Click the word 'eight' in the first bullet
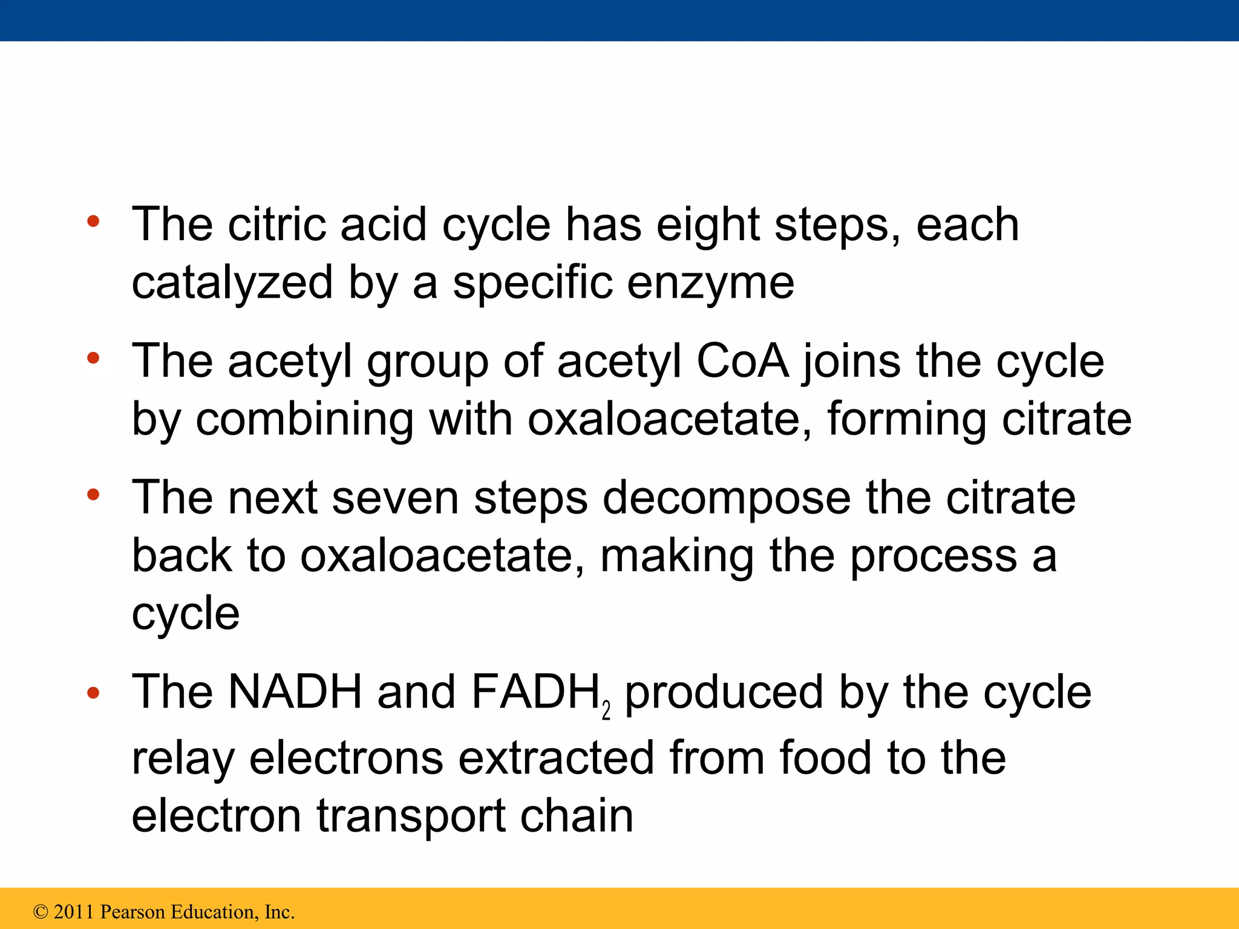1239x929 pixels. pyautogui.click(x=708, y=226)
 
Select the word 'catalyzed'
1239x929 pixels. pyautogui.click(x=232, y=283)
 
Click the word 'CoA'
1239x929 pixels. pyautogui.click(x=742, y=362)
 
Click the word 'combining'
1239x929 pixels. pyautogui.click(x=304, y=419)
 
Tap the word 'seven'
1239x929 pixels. pyautogui.click(x=396, y=498)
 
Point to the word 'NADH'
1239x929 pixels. pyautogui.click(x=295, y=692)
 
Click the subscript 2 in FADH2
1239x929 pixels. pyautogui.click(x=606, y=711)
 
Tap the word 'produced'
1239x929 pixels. pyautogui.click(x=724, y=692)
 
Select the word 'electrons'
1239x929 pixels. pyautogui.click(x=346, y=758)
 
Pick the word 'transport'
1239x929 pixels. pyautogui.click(x=411, y=816)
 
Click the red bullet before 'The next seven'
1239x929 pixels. pyautogui.click(x=93, y=495)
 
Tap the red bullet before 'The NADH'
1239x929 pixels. pyautogui.click(x=93, y=693)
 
